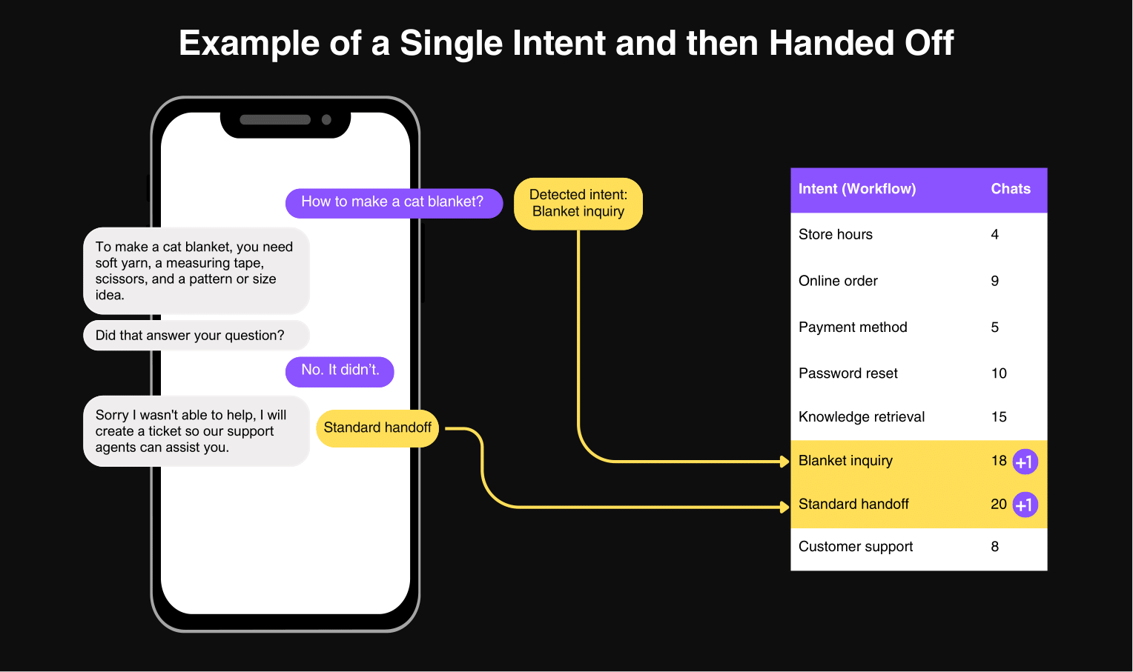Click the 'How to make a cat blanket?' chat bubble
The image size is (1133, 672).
pyautogui.click(x=394, y=203)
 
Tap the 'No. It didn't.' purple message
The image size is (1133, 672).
pyautogui.click(x=340, y=372)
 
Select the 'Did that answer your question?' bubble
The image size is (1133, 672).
pyautogui.click(x=196, y=336)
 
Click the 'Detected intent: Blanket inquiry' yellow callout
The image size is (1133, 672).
pyautogui.click(x=578, y=204)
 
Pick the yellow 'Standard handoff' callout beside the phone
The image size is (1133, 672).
pyautogui.click(x=377, y=428)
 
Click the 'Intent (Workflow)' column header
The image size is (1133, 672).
pyautogui.click(x=857, y=189)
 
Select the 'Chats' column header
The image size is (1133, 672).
pyautogui.click(x=1011, y=189)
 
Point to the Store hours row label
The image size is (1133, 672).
pyautogui.click(x=836, y=234)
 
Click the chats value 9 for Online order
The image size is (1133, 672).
pyautogui.click(x=995, y=281)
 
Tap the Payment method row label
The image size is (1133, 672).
pyautogui.click(x=853, y=327)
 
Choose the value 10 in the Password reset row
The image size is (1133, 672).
pyautogui.click(x=999, y=373)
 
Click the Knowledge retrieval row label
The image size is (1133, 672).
pyautogui.click(x=862, y=417)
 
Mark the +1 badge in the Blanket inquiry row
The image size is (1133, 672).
pyautogui.click(x=1025, y=462)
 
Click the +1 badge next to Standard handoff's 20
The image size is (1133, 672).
pyautogui.click(x=1025, y=505)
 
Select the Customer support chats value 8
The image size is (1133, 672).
pyautogui.click(x=995, y=547)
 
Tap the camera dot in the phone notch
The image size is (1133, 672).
pyautogui.click(x=327, y=120)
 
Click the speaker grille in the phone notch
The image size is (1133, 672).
pyautogui.click(x=275, y=120)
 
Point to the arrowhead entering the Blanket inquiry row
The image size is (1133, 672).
pyautogui.click(x=784, y=462)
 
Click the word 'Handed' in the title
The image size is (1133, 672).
pyautogui.click(x=831, y=43)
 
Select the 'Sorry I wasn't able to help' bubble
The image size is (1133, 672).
pyautogui.click(x=196, y=431)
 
